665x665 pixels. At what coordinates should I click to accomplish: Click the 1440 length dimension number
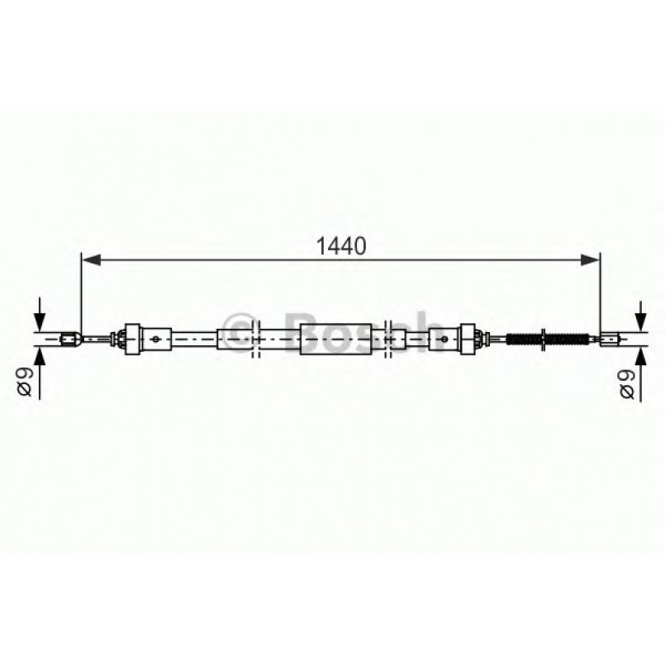pos(340,245)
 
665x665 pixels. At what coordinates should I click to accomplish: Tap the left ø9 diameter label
pos(26,381)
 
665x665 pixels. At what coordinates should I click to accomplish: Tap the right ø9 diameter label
pos(628,381)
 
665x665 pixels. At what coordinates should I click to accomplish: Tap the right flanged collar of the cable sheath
pos(468,337)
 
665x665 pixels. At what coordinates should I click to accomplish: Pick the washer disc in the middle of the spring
pos(543,337)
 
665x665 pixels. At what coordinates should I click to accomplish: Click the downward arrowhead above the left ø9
pos(39,322)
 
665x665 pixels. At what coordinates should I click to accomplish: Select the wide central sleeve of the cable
pos(335,337)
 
